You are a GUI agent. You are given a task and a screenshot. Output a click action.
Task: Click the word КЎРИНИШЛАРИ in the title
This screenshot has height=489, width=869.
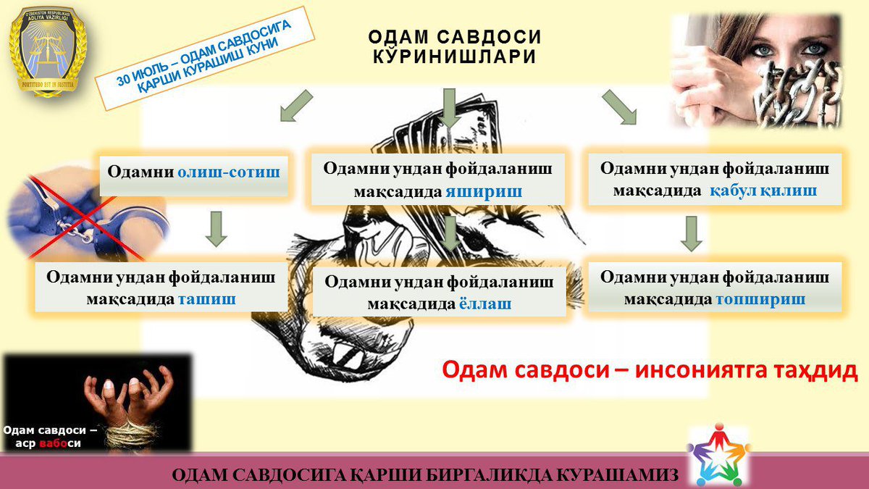(x=455, y=56)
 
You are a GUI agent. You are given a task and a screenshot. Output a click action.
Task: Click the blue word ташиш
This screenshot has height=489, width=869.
(x=207, y=298)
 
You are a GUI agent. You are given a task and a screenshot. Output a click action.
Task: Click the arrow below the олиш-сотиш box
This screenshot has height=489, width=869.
(x=216, y=228)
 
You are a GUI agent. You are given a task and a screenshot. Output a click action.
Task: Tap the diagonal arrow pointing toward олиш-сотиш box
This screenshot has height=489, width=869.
(x=295, y=106)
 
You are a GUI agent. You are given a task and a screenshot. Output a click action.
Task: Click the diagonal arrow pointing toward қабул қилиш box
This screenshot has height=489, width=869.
(x=619, y=107)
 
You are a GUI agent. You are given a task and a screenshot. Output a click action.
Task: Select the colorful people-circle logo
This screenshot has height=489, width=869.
(x=717, y=455)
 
